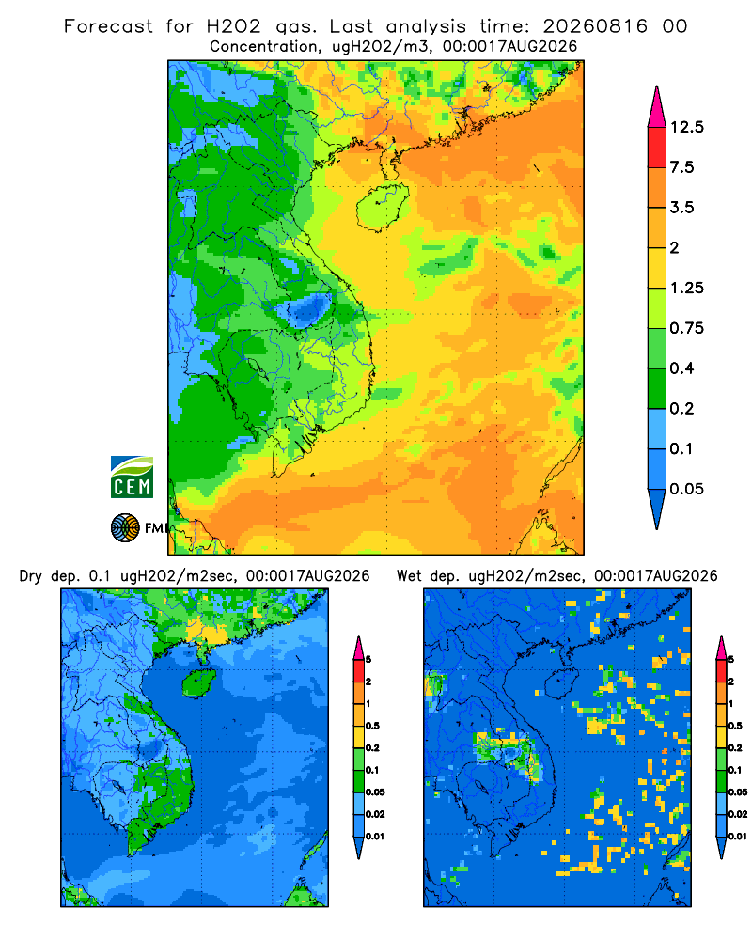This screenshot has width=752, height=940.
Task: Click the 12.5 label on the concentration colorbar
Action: [x=686, y=127]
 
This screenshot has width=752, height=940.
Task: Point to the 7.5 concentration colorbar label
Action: [x=681, y=167]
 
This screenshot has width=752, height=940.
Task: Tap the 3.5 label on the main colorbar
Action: [x=681, y=208]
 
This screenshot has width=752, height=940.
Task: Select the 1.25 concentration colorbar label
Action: [x=686, y=288]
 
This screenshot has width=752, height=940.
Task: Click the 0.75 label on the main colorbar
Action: [x=686, y=328]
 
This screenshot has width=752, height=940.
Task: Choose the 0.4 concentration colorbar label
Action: [x=681, y=368]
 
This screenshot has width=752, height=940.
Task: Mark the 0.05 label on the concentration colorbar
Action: [x=686, y=489]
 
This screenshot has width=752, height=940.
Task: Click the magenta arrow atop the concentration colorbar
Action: [x=657, y=109]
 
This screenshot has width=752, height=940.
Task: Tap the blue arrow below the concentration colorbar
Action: [x=657, y=508]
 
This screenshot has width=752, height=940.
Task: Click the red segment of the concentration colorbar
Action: [x=657, y=148]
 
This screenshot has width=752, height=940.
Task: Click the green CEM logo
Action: [x=132, y=478]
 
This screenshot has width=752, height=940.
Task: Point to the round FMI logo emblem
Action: [x=125, y=528]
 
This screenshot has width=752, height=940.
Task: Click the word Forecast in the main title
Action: [x=108, y=26]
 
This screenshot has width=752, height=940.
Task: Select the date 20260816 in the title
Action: [x=595, y=26]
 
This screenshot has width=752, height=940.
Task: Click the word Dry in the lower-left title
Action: [x=31, y=576]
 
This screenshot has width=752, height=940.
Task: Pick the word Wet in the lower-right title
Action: [x=410, y=576]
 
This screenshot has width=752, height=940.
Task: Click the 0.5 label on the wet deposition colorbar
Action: [x=734, y=726]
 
